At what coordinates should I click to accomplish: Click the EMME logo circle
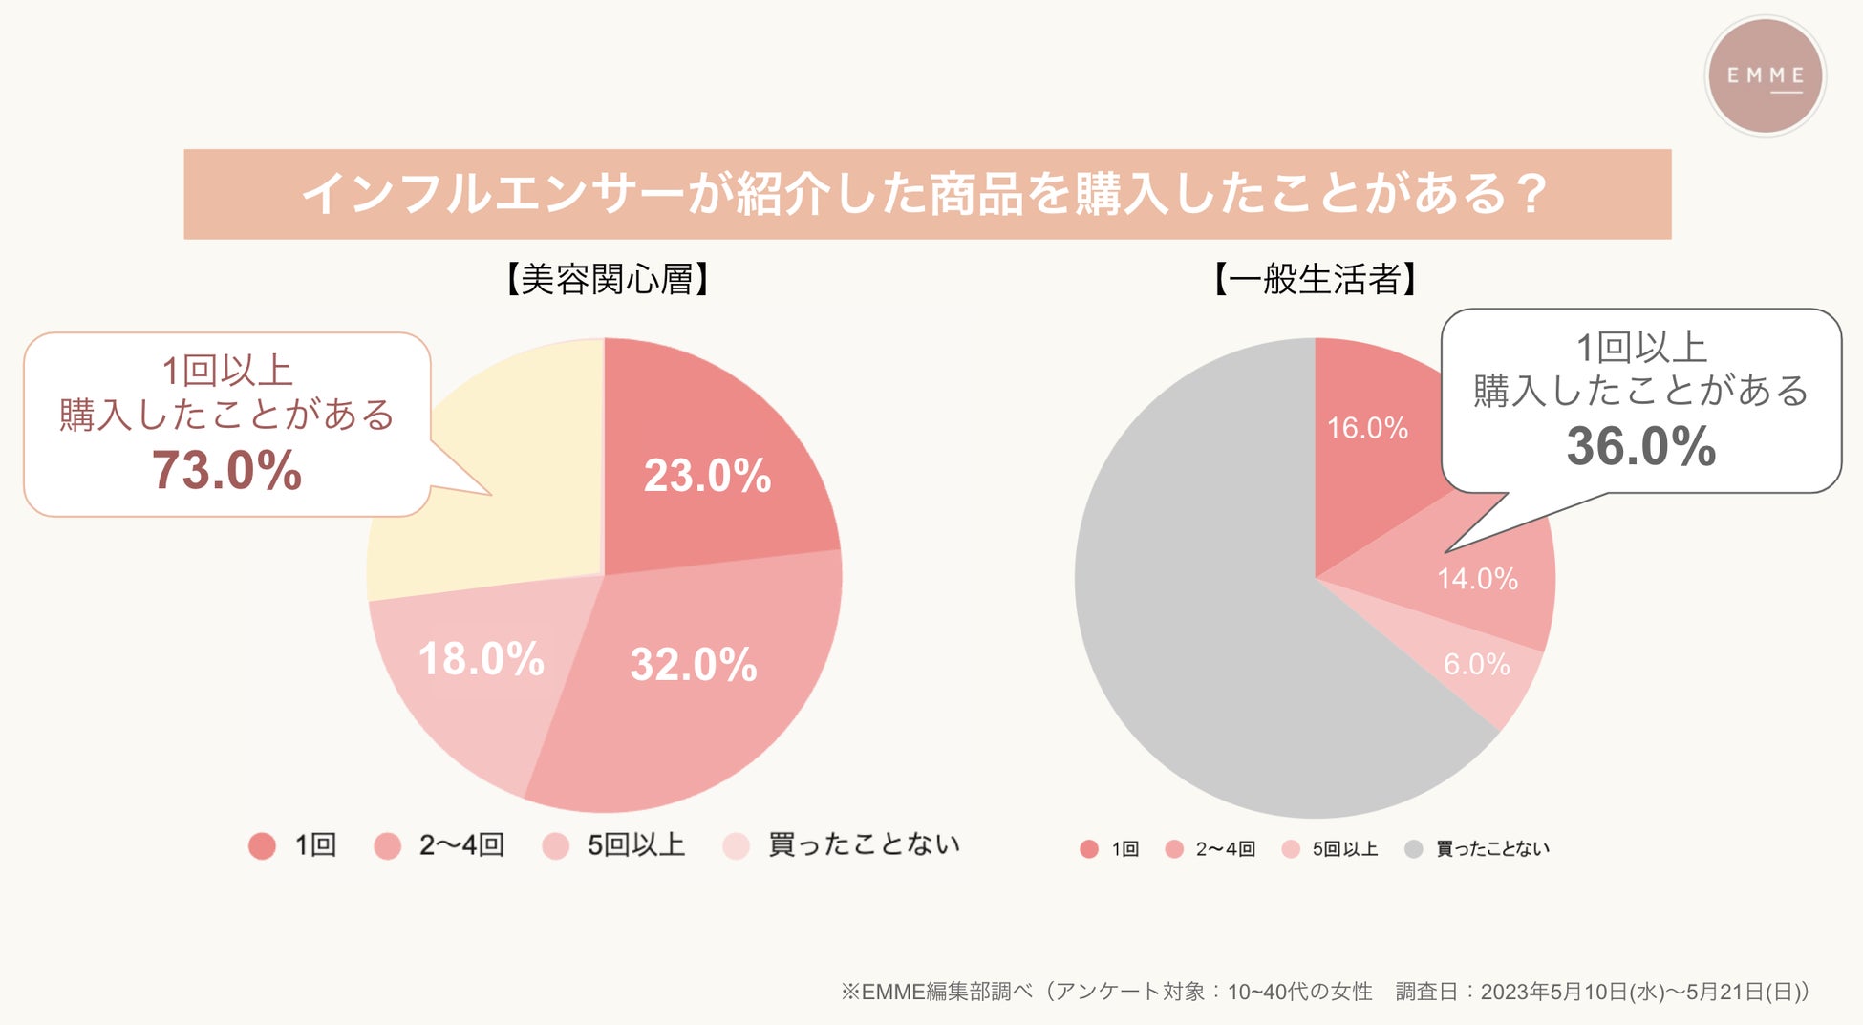click(x=1765, y=76)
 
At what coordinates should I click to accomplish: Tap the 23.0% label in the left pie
click(x=707, y=476)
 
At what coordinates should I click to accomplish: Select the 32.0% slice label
click(x=694, y=665)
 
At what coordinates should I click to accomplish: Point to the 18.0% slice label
click(x=482, y=659)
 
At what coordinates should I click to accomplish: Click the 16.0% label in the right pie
click(x=1367, y=428)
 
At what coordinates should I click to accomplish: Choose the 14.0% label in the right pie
click(x=1477, y=579)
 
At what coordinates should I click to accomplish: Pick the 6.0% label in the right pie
click(x=1476, y=664)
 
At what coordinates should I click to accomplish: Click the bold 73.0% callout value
click(x=227, y=470)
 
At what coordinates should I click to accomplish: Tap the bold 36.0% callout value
click(x=1641, y=446)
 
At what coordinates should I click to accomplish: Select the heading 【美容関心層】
click(x=607, y=279)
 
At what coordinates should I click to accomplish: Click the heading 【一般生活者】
click(x=1315, y=279)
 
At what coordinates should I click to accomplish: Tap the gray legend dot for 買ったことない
click(x=1414, y=849)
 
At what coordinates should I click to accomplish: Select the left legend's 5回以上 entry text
click(x=636, y=845)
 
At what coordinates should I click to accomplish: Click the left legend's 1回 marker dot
click(x=262, y=845)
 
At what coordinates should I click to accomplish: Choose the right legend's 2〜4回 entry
click(x=1225, y=849)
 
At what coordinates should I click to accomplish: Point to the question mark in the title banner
click(x=1531, y=194)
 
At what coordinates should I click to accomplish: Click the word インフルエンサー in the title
click(x=492, y=194)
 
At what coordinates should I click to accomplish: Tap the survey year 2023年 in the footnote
click(x=1514, y=993)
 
